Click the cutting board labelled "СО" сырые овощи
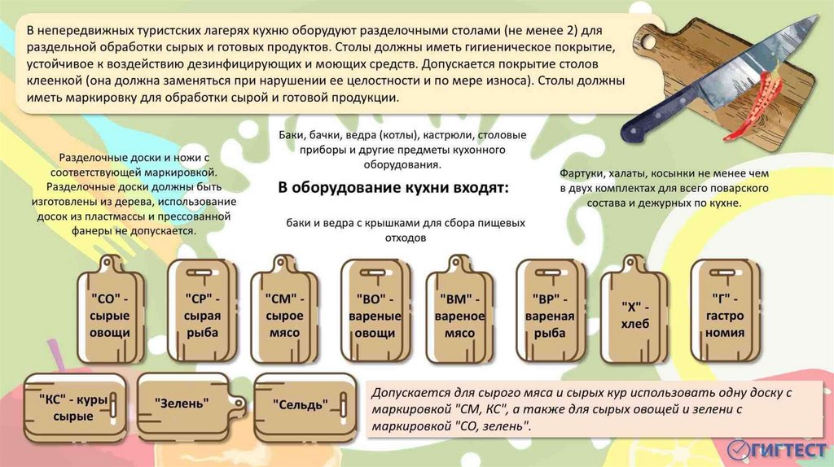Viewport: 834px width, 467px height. [110, 313]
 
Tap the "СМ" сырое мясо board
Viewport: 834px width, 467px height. [283, 313]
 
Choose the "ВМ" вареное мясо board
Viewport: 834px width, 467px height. [459, 313]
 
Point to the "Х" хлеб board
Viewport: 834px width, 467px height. [634, 313]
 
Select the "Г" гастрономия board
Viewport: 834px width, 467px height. [725, 313]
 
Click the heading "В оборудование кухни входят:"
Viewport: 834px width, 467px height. [393, 188]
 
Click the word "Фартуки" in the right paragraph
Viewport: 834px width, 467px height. [582, 174]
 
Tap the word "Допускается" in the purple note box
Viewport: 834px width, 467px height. [407, 393]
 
